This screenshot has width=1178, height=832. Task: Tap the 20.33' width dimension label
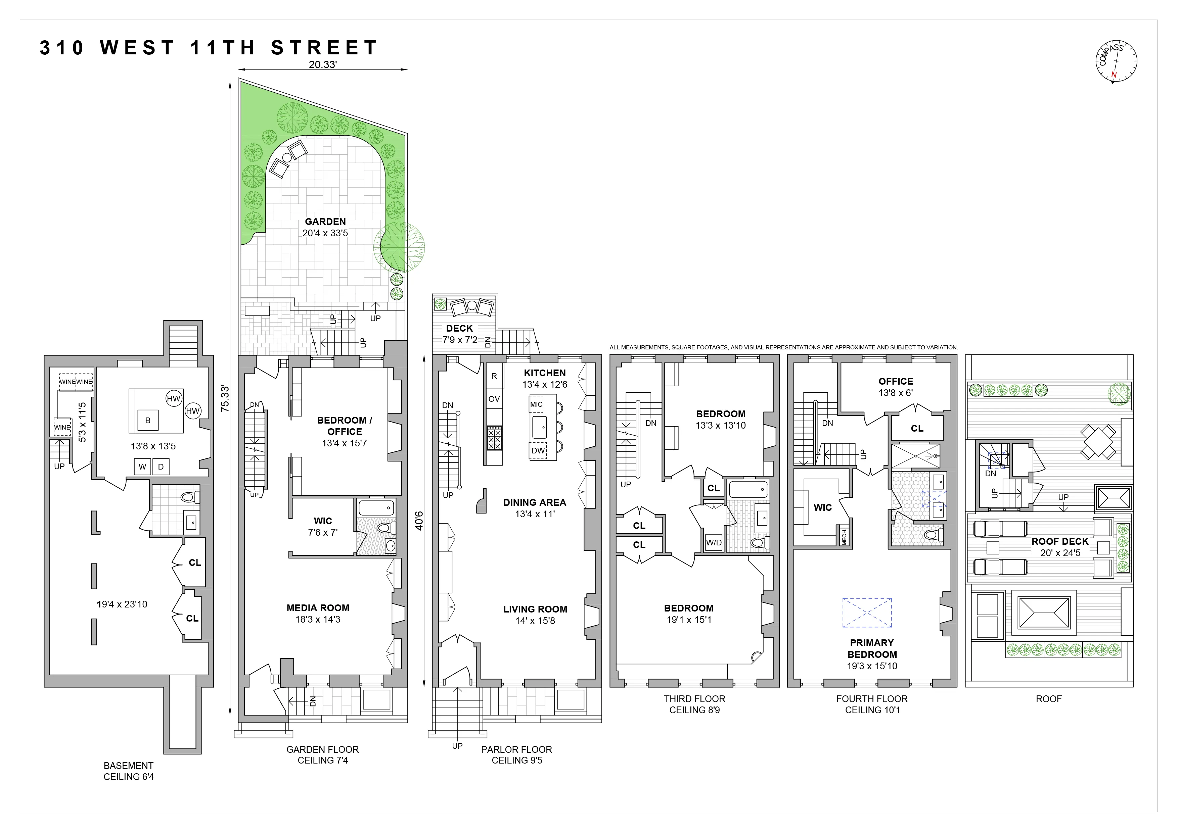click(x=322, y=64)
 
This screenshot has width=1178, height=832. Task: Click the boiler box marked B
click(x=148, y=420)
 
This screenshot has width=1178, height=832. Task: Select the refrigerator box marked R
click(x=494, y=376)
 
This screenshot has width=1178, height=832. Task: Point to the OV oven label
click(x=494, y=399)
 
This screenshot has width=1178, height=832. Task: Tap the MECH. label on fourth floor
click(x=844, y=536)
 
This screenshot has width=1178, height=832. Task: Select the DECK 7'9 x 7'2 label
click(x=460, y=334)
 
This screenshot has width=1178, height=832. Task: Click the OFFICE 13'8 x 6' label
click(x=895, y=387)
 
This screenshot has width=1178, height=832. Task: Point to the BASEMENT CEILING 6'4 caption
click(x=128, y=771)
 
